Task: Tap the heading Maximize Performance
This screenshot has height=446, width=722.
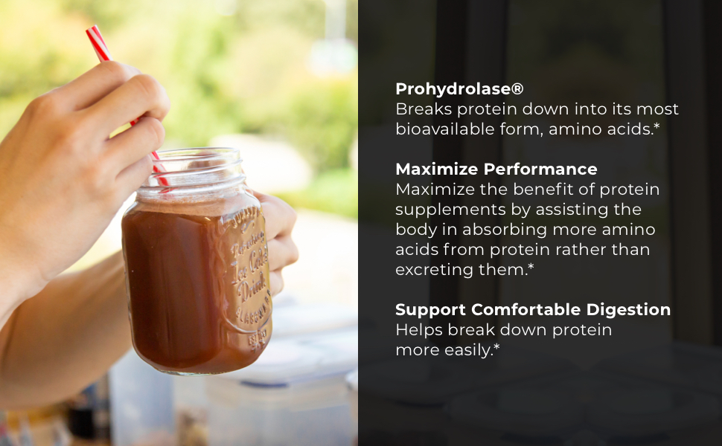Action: point(496,169)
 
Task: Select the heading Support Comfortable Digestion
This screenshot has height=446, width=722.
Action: point(532,310)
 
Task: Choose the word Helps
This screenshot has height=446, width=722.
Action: point(418,330)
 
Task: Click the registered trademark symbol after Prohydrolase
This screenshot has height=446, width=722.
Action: point(517,89)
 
